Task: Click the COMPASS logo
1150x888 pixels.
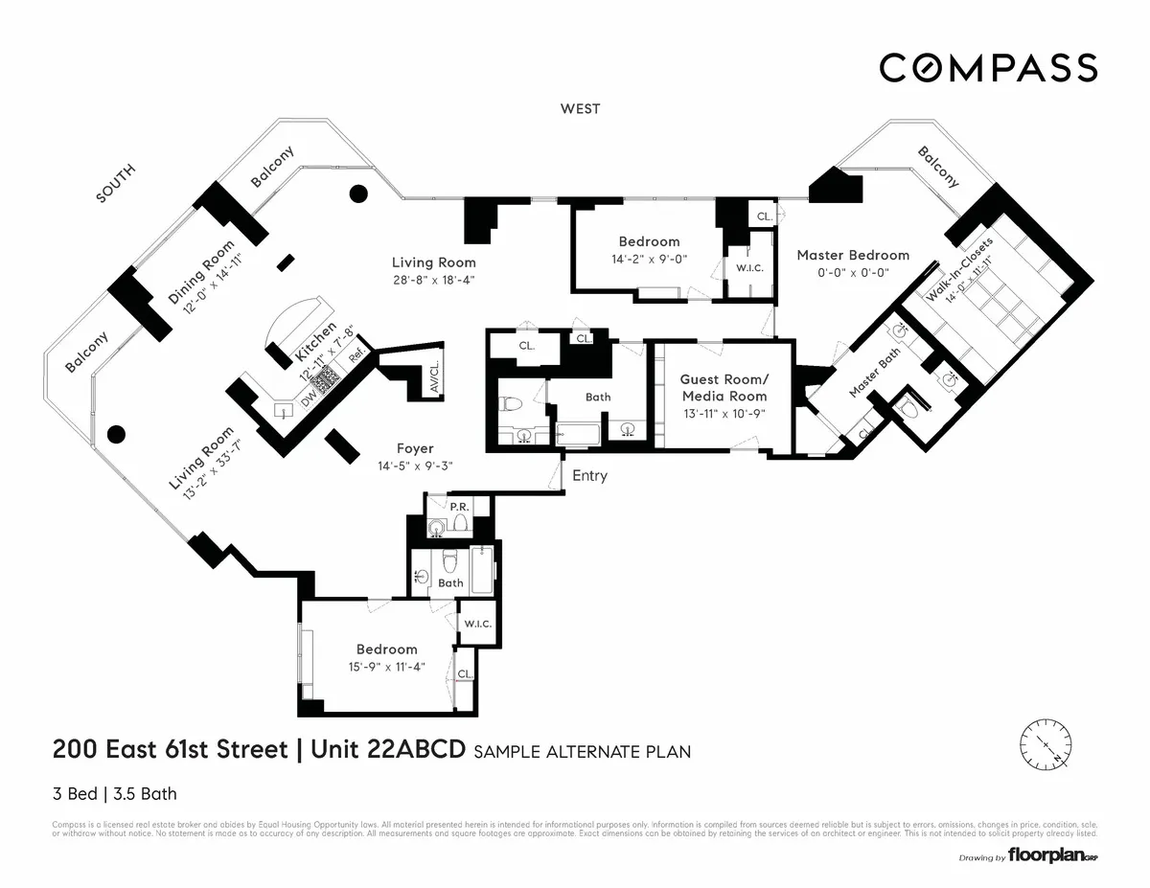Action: click(988, 68)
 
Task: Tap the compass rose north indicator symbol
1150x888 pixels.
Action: click(1046, 745)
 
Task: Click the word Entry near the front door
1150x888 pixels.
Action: click(589, 476)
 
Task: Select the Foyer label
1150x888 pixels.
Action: click(414, 448)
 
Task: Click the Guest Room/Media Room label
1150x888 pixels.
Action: click(724, 387)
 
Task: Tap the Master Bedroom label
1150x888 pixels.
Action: click(853, 255)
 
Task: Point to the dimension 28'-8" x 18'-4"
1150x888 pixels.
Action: click(433, 280)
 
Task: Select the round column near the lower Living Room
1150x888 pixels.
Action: click(116, 434)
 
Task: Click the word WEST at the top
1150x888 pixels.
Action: click(580, 109)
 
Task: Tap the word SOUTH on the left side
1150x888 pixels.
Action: click(117, 184)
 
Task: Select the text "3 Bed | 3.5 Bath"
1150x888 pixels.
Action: click(114, 793)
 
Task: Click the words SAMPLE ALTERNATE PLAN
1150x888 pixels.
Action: click(579, 752)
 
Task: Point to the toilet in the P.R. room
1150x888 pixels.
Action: click(460, 524)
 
